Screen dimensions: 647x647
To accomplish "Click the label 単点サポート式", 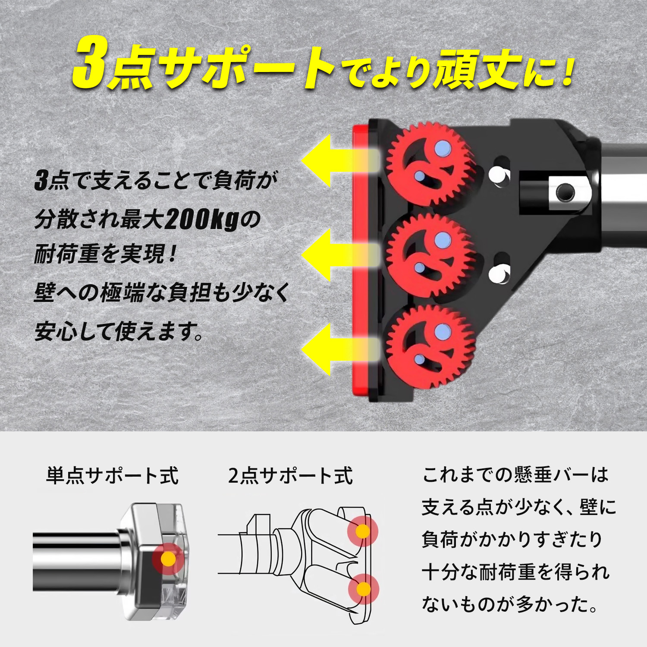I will pyautogui.click(x=112, y=475).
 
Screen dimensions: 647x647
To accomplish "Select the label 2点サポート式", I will pyautogui.click(x=290, y=475).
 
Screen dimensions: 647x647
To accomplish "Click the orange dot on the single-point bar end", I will pyautogui.click(x=168, y=559).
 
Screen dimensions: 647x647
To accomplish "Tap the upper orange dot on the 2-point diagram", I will pyautogui.click(x=363, y=531).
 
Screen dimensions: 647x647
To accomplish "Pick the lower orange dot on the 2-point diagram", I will pyautogui.click(x=364, y=589).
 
